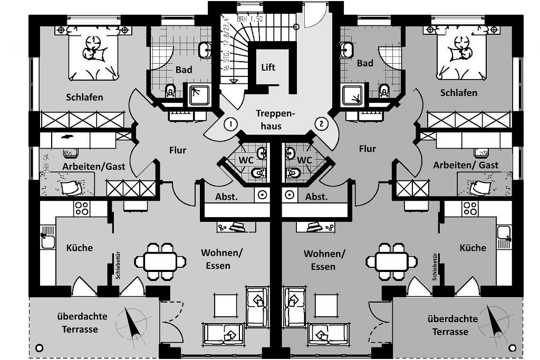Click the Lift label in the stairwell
tap(268, 67)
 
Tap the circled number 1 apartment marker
tap(230, 124)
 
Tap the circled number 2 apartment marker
tap(321, 124)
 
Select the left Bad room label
tap(184, 69)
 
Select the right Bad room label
tap(365, 63)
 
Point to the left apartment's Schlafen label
tap(84, 97)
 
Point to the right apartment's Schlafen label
tap(458, 92)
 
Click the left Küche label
tap(79, 247)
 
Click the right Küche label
tap(472, 247)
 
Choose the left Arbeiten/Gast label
tap(94, 166)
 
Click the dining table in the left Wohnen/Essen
tap(160, 260)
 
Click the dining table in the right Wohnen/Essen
tap(391, 260)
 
